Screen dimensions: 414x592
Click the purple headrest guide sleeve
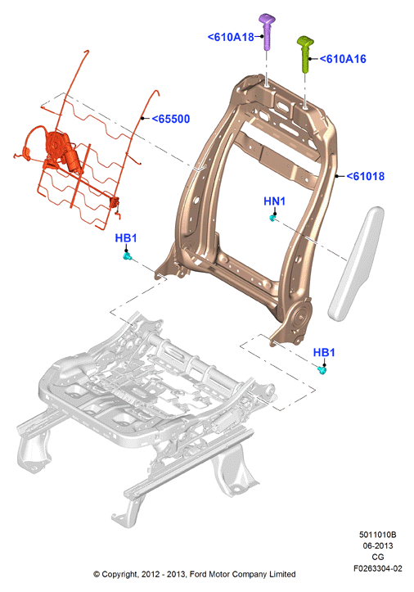pos(267,31)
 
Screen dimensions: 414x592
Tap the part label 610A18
pos(231,37)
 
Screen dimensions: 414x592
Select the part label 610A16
pos(343,59)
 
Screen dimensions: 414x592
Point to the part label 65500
pos(170,119)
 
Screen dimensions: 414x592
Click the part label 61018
pos(365,176)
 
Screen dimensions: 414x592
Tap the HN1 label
pos(274,201)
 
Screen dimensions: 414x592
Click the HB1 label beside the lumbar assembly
pos(126,238)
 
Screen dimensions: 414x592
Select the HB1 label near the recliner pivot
pos(324,353)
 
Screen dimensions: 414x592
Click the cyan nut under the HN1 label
pos(272,218)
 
